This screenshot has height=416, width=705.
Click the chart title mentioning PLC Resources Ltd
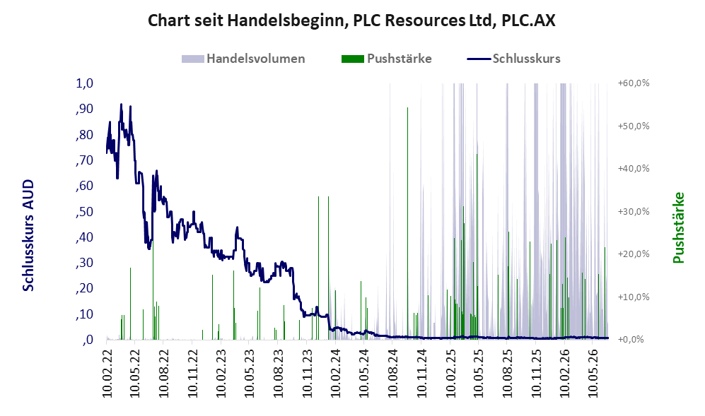coord(351,20)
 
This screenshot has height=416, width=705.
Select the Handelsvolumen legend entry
coord(243,59)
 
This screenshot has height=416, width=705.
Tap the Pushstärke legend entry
coord(387,59)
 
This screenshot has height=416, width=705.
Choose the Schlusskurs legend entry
coord(514,59)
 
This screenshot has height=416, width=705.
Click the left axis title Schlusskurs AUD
coord(28,235)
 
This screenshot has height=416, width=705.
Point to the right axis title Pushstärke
coord(678,227)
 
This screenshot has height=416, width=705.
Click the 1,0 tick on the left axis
coord(85,83)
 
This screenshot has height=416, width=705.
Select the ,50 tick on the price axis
coord(85,212)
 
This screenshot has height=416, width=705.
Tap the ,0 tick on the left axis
coord(88,340)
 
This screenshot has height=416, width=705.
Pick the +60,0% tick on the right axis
coord(634,83)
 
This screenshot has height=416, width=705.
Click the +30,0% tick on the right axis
coord(634,212)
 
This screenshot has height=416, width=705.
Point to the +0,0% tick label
coord(631,340)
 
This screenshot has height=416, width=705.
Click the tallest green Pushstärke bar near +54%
coord(408,223)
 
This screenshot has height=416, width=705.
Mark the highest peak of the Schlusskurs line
coord(121,105)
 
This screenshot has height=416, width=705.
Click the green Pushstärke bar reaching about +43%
coord(477,246)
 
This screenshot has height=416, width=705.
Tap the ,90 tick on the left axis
coord(85,109)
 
